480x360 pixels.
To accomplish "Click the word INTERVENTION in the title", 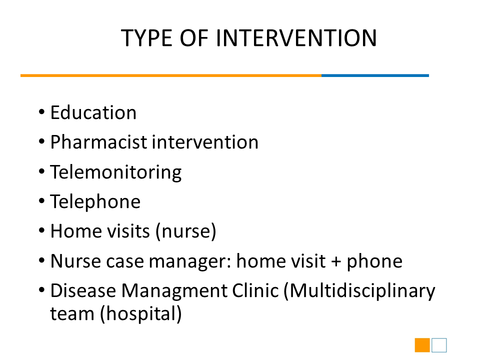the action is click(x=296, y=38).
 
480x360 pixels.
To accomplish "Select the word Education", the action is click(x=93, y=112).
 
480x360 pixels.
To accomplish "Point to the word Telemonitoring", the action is click(x=116, y=172).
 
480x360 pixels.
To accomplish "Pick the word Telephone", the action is click(x=95, y=201).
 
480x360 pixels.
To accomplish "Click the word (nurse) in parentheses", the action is click(x=186, y=231).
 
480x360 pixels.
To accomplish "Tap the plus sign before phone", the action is click(x=336, y=261).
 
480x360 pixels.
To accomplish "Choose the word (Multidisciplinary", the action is click(x=359, y=291).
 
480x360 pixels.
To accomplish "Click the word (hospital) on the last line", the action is click(x=141, y=314).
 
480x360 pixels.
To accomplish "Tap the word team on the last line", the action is click(x=72, y=314).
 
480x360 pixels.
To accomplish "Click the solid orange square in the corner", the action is click(x=422, y=345).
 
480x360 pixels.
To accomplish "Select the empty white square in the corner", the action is click(x=439, y=345).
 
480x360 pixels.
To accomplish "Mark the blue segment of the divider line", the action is click(x=375, y=75).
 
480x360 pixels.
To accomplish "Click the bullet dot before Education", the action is click(x=41, y=111).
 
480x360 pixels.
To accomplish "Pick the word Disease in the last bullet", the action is click(x=83, y=290).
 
